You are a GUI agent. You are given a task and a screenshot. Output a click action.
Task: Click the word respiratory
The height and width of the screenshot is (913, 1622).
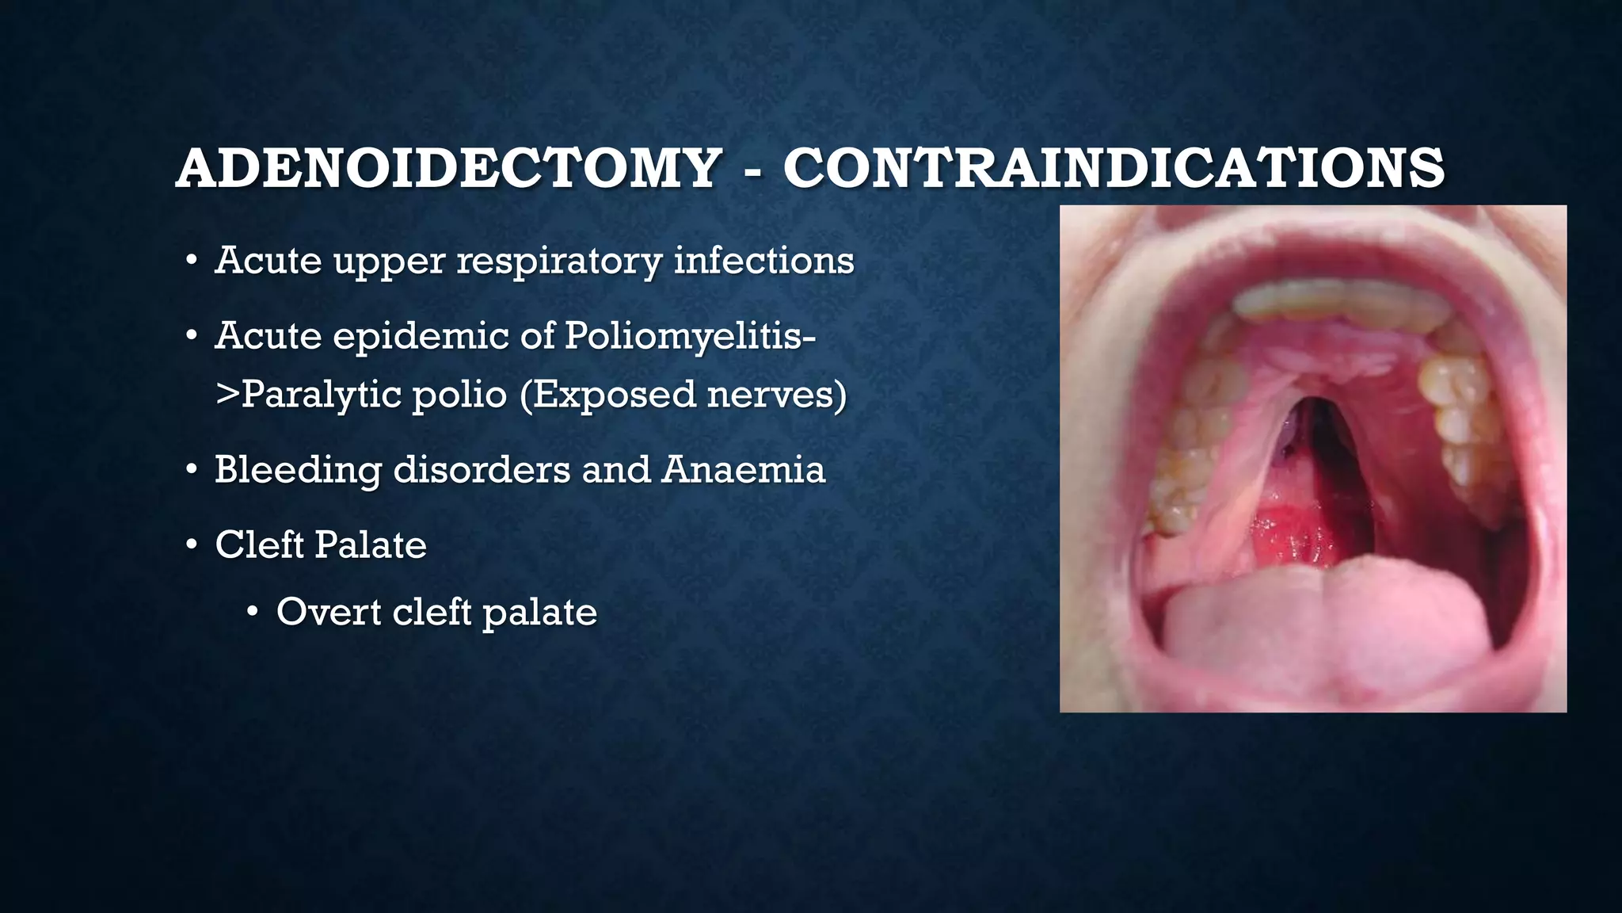[558, 262]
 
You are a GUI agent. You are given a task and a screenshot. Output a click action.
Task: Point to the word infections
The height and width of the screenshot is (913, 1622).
[763, 260]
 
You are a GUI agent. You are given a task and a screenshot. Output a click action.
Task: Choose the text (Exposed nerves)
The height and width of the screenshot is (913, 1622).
[683, 395]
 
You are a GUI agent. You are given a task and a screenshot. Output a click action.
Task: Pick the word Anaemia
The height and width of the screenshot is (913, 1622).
[744, 469]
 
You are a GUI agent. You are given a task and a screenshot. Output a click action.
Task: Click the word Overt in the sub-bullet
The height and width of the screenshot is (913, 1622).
[327, 612]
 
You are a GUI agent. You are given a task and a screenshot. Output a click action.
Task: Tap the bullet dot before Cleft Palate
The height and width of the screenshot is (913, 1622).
[191, 546]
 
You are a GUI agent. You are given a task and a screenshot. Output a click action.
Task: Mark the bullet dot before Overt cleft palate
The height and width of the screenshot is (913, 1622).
[253, 613]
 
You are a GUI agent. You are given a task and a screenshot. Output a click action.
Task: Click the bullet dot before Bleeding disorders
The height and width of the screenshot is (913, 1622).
[191, 471]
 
